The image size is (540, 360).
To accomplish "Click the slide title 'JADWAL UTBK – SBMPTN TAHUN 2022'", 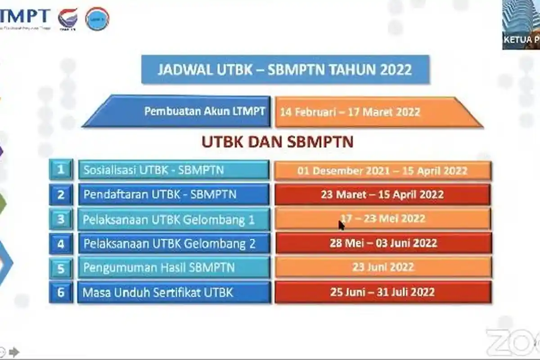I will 285,70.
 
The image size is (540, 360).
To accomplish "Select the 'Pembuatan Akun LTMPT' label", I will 205,111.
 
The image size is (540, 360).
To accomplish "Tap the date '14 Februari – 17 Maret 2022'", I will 350,112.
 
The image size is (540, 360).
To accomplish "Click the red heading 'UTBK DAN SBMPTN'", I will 277,142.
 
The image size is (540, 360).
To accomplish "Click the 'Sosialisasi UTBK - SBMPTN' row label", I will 154,170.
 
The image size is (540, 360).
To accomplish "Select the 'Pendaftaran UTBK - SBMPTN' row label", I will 160,195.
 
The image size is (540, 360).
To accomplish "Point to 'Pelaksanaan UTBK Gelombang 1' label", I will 169,220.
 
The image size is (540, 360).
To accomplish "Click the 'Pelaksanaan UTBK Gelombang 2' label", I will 170,244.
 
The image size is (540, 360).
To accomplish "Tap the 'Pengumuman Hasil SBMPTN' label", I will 159,268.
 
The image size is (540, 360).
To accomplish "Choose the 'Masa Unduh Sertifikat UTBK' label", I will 158,292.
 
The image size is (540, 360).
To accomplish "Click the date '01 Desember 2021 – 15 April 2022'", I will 382,171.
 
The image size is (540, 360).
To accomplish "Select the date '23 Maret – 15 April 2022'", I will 382,195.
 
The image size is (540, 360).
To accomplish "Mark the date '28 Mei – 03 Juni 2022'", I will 382,243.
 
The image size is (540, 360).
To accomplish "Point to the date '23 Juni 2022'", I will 383,267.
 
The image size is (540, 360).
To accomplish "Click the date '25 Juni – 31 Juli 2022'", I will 382,292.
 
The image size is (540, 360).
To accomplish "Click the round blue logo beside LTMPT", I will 97,19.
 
